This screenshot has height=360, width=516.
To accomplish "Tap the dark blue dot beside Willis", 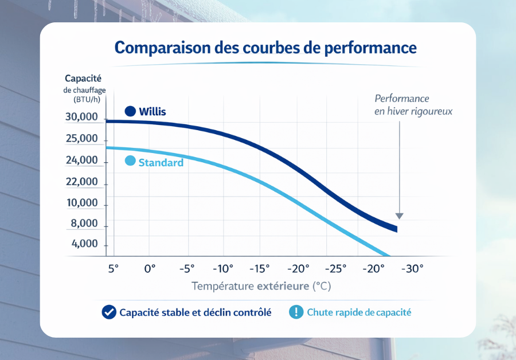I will pos(130,111).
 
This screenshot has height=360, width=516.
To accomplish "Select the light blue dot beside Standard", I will pos(130,162).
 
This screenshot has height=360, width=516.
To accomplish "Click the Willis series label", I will pos(153,111).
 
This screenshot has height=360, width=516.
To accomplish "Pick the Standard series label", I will pos(161,163).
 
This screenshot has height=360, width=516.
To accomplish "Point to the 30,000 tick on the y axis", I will pos(81,118).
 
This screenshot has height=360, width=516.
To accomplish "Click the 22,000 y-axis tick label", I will pos(81,182).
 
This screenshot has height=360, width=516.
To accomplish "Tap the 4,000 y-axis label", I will pos(84,244).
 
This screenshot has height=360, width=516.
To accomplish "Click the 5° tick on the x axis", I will pos(113,268).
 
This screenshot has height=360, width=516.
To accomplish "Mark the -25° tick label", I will pos(335,268).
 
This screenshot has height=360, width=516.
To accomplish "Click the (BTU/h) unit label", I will pos(86,99).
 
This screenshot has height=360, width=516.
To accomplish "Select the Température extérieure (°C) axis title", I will pos(261,285).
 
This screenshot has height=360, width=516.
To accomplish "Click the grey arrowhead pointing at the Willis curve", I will pos(400,216).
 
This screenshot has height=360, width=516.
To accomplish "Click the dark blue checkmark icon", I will pos(108,312).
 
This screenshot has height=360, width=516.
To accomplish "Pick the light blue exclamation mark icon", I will pos(296,312).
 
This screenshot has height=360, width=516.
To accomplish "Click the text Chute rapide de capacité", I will pos(359,312).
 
